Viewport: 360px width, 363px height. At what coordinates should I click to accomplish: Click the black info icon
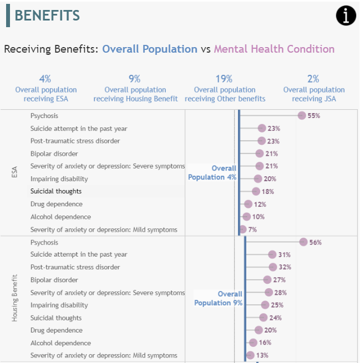click(346, 16)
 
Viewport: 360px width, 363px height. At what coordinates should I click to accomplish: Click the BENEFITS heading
click(47, 16)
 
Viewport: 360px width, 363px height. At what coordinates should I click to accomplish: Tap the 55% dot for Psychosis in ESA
click(302, 115)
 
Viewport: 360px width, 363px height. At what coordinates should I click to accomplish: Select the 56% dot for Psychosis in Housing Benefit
click(303, 242)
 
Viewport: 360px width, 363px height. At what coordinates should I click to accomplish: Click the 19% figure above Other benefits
click(224, 79)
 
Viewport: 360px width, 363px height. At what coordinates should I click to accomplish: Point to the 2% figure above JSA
click(313, 79)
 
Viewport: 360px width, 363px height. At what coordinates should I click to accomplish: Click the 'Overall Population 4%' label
click(212, 173)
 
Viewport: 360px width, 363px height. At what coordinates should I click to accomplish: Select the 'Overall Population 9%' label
click(218, 299)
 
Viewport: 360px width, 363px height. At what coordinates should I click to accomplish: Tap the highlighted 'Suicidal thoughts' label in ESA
click(56, 191)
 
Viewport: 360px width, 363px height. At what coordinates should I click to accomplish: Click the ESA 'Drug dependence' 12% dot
click(249, 204)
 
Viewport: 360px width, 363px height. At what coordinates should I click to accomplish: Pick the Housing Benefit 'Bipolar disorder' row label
click(54, 280)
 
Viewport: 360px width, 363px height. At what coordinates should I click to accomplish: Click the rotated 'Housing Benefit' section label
click(15, 298)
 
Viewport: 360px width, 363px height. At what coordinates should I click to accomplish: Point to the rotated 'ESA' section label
click(15, 172)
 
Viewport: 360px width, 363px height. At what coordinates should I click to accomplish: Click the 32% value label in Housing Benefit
click(285, 267)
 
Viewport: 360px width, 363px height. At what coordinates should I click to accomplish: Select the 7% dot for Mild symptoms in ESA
click(242, 229)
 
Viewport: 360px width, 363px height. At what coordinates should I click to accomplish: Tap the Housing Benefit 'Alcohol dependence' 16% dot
click(253, 343)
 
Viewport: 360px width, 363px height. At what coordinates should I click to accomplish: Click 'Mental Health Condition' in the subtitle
click(274, 49)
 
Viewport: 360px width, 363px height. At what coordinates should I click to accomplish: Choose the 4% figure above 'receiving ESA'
click(45, 79)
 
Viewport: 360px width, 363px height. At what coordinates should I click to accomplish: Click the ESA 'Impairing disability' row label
click(59, 179)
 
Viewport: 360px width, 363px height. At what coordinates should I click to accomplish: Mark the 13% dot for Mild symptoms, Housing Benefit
click(250, 355)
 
